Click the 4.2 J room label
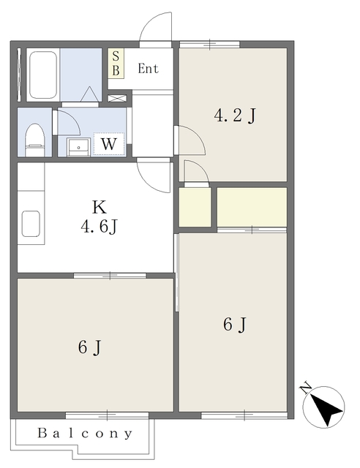(235, 116)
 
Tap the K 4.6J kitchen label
(100, 216)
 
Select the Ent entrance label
(148, 69)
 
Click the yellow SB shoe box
(116, 64)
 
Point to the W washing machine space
(109, 144)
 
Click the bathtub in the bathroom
(43, 75)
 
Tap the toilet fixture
(35, 140)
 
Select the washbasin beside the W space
(78, 147)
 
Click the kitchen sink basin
(31, 224)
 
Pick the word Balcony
(85, 433)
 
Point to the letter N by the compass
(306, 388)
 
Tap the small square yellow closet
(195, 207)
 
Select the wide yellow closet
(252, 207)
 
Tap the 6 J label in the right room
(235, 325)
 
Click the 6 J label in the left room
(89, 347)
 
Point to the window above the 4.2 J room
(210, 45)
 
